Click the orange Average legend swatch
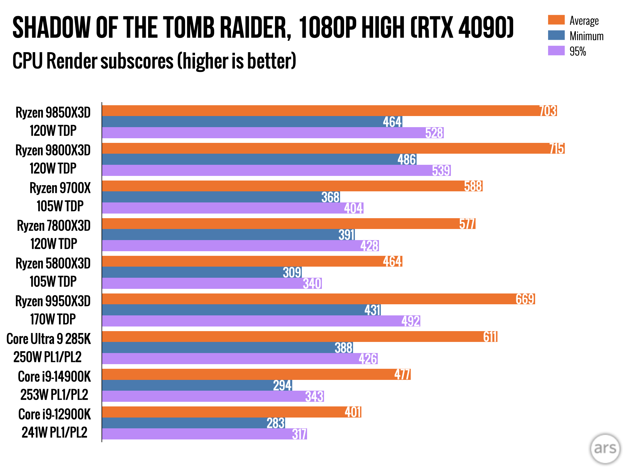556,20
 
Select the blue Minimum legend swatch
556,35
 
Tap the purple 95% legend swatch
556,51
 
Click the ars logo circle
605,449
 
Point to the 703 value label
548,111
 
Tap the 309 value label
292,272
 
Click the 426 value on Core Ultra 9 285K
368,359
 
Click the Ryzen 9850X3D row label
53,113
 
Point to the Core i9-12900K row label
55,414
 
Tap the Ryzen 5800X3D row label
53,264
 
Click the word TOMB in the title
188,28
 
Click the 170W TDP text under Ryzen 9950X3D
53,319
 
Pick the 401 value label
353,412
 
